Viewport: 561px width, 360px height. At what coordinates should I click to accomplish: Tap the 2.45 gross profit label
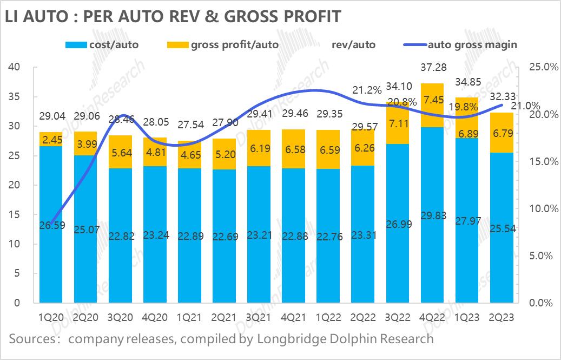click(51, 139)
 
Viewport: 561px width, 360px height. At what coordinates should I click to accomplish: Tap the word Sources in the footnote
click(29, 339)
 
